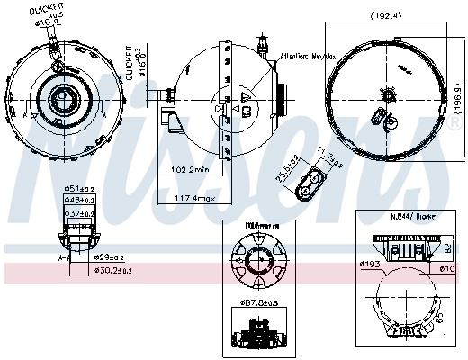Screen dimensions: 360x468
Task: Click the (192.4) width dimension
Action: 390,16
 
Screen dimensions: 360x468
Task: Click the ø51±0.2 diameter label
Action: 82,190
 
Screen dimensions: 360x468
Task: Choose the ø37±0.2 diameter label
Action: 82,213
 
